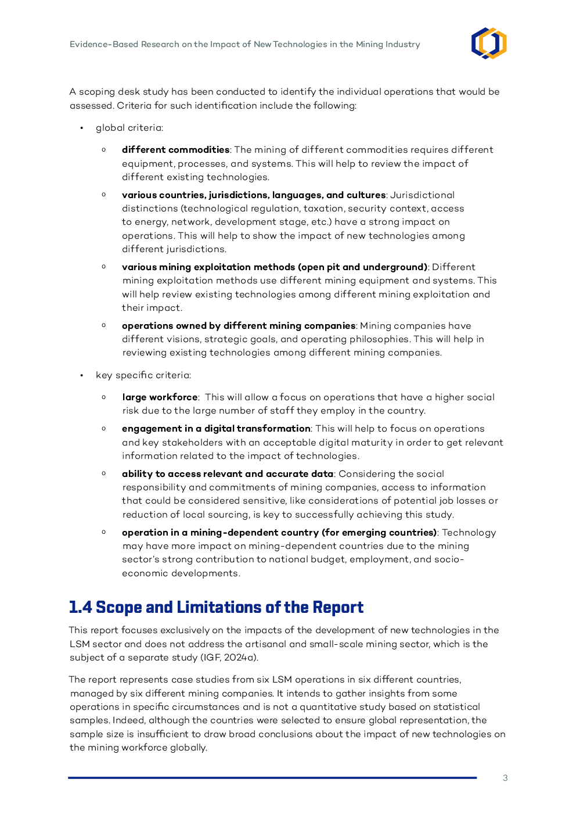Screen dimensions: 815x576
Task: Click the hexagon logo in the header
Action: click(x=489, y=44)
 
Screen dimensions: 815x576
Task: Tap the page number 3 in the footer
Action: click(x=505, y=778)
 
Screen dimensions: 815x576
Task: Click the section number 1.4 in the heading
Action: click(x=80, y=608)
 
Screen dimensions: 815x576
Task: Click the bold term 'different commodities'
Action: click(x=175, y=150)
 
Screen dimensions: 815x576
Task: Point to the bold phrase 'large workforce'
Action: click(x=160, y=397)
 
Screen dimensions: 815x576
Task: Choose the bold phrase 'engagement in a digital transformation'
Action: click(x=216, y=429)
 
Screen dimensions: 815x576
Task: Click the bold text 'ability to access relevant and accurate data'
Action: click(x=228, y=474)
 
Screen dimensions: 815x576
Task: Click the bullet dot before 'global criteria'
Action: click(x=82, y=128)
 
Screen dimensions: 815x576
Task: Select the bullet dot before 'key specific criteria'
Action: click(x=82, y=375)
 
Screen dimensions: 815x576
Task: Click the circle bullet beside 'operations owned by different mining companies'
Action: click(x=104, y=325)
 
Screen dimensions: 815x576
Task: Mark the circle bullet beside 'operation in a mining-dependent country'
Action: click(x=104, y=532)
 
